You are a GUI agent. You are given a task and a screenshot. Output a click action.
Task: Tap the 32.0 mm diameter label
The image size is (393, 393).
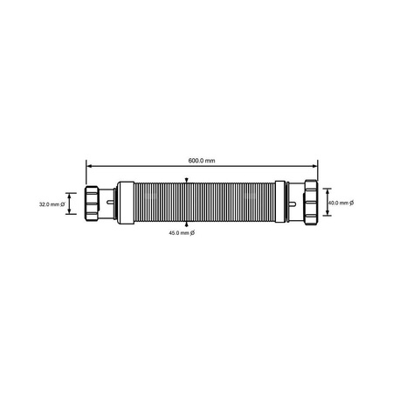pyautogui.click(x=50, y=204)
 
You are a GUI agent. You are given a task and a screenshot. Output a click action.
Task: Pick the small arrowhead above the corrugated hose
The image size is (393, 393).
pyautogui.click(x=186, y=181)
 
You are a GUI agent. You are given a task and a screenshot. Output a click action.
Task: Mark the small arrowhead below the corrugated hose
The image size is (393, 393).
pyautogui.click(x=186, y=226)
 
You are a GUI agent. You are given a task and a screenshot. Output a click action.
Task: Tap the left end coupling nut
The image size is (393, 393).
pyautogui.click(x=95, y=203)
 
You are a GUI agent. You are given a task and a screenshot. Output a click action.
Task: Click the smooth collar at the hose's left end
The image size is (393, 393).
pyautogui.click(x=127, y=203)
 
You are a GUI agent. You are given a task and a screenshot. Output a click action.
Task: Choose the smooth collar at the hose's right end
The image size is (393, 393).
pyautogui.click(x=279, y=203)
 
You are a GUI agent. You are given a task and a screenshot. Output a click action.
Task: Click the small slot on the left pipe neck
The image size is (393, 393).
pyautogui.click(x=111, y=203)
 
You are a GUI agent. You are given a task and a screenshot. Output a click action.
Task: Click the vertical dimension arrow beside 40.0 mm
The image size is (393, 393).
pyautogui.click(x=324, y=203)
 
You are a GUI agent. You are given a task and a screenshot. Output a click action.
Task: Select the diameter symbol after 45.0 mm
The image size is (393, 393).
pyautogui.click(x=192, y=233)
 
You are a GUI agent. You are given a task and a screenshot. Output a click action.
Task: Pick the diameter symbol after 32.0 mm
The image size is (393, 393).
pyautogui.click(x=63, y=204)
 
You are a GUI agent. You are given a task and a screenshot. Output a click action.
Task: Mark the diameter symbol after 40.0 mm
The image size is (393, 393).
pyautogui.click(x=351, y=203)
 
